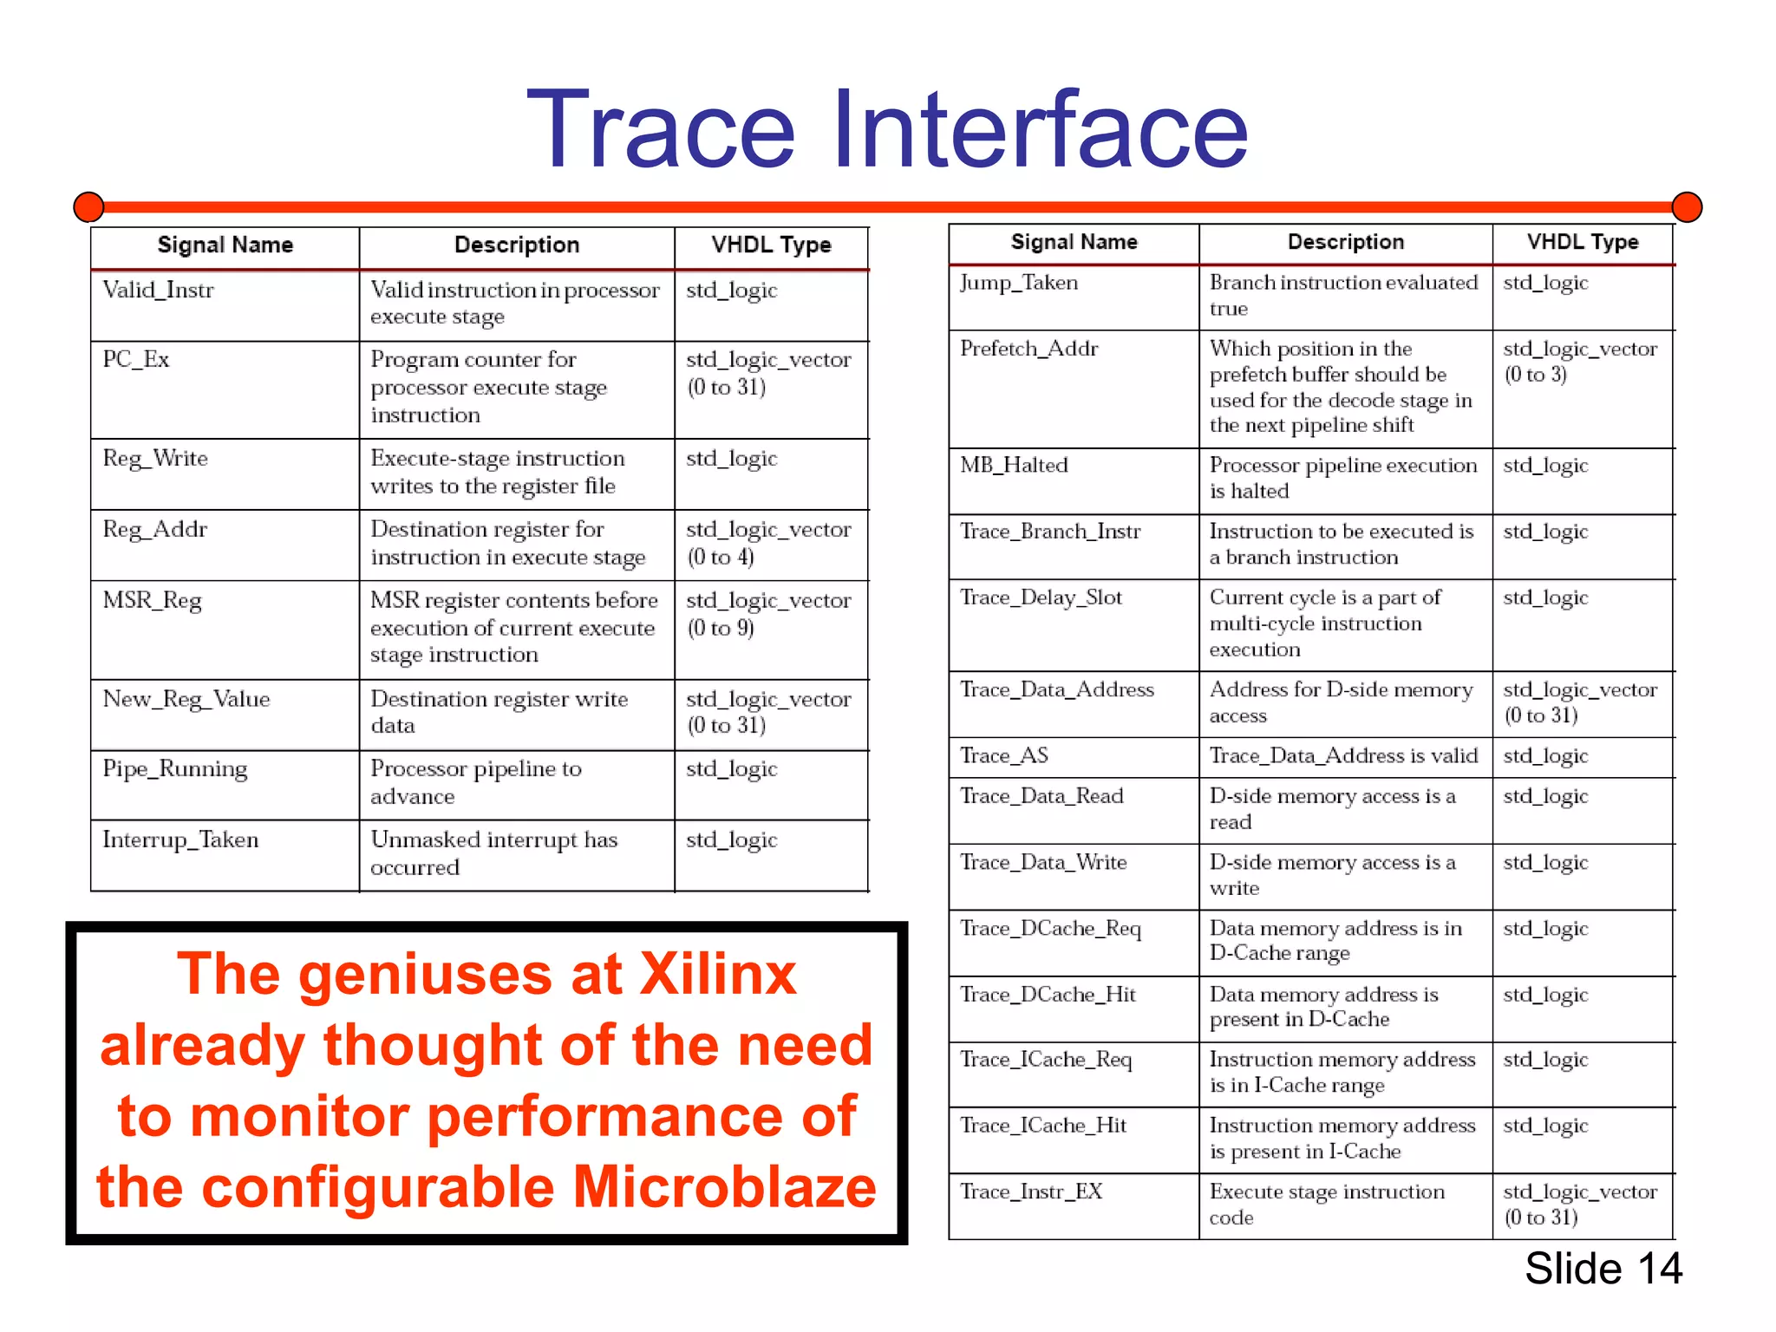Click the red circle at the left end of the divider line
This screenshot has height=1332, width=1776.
(x=88, y=207)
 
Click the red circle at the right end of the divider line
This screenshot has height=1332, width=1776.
(x=1687, y=207)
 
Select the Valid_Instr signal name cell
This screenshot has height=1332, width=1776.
(x=158, y=290)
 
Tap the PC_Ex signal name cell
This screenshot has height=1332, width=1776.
(x=136, y=359)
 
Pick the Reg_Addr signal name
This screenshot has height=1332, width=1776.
(x=155, y=529)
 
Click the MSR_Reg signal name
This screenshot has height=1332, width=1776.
(x=153, y=600)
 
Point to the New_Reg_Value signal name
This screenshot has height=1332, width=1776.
(x=186, y=699)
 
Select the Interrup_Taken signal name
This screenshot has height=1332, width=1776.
(x=180, y=839)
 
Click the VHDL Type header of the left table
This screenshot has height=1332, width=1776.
(x=771, y=245)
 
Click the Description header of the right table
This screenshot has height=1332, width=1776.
(x=1345, y=242)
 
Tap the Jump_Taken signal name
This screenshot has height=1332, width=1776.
(x=1019, y=283)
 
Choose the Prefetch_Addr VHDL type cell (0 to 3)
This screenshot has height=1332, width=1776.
(x=1580, y=362)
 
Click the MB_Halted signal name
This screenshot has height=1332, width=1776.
(x=1014, y=466)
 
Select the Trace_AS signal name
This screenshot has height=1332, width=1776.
(x=1004, y=756)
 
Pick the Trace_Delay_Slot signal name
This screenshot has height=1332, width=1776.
(x=1041, y=597)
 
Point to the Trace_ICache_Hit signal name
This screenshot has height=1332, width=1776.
(x=1043, y=1126)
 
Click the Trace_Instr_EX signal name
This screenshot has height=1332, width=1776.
(x=1031, y=1192)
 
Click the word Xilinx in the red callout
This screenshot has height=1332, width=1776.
(x=718, y=974)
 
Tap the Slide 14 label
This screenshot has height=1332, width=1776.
(x=1603, y=1269)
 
